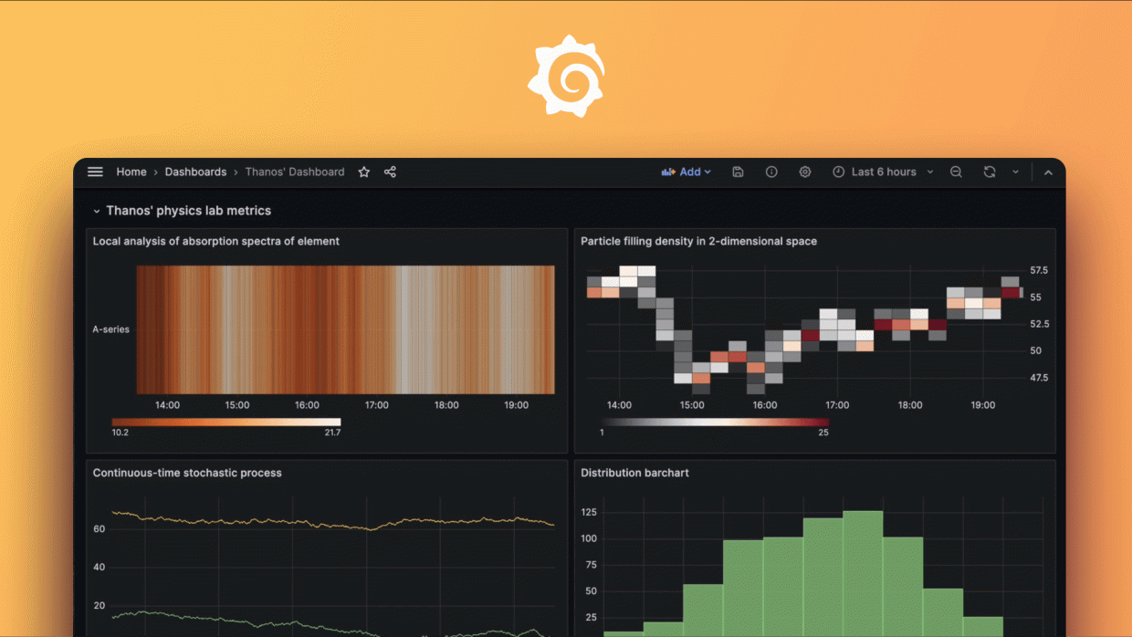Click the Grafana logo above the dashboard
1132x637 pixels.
(566, 77)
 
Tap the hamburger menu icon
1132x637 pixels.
(95, 172)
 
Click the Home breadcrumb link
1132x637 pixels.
(131, 172)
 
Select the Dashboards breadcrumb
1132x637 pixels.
(195, 172)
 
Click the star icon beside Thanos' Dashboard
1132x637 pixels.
(364, 172)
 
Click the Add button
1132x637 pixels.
(686, 172)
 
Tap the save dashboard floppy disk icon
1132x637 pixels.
(739, 172)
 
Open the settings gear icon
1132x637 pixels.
(805, 172)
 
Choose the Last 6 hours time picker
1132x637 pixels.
(883, 172)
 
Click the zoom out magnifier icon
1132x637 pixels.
(956, 172)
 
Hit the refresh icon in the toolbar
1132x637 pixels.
(990, 172)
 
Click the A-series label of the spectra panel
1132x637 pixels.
(111, 329)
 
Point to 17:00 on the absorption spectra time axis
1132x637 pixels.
(377, 405)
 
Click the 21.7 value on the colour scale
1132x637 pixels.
(332, 433)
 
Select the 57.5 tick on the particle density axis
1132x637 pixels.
(1039, 271)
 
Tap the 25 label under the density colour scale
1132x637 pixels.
(823, 433)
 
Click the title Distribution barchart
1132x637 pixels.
(634, 473)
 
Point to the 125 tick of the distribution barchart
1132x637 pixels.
(590, 513)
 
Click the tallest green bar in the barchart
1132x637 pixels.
(863, 575)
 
